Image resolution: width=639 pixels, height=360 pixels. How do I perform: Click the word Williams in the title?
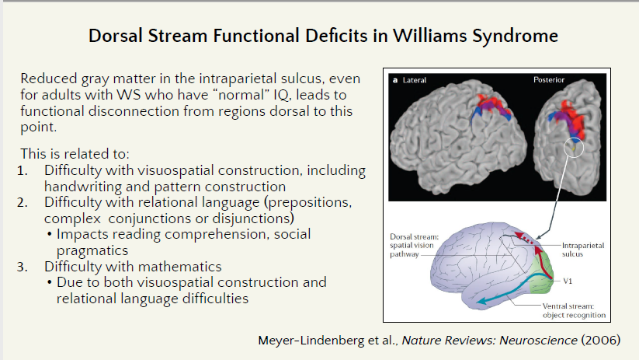tap(429, 36)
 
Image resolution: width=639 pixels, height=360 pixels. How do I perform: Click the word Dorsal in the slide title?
tap(116, 36)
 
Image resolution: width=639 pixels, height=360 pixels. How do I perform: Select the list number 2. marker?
tap(22, 202)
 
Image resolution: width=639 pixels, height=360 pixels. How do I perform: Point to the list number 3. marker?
tap(22, 267)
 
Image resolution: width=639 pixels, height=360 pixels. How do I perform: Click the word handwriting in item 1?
tap(83, 187)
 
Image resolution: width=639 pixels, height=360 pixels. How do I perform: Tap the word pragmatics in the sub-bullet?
tap(92, 250)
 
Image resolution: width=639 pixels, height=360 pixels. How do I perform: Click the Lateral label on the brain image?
tap(415, 80)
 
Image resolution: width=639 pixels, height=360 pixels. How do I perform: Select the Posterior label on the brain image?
tap(549, 80)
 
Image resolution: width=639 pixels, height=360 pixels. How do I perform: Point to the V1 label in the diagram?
tap(568, 281)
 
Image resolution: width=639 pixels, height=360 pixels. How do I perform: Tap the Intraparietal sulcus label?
tap(583, 250)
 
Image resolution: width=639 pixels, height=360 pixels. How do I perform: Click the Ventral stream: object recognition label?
tap(574, 310)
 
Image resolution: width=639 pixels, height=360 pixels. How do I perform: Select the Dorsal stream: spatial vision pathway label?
tap(414, 245)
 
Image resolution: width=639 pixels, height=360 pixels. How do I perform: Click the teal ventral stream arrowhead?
tap(483, 301)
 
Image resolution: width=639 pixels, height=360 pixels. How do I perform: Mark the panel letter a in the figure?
tap(395, 80)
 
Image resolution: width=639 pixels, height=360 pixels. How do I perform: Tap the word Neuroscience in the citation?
tap(538, 340)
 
